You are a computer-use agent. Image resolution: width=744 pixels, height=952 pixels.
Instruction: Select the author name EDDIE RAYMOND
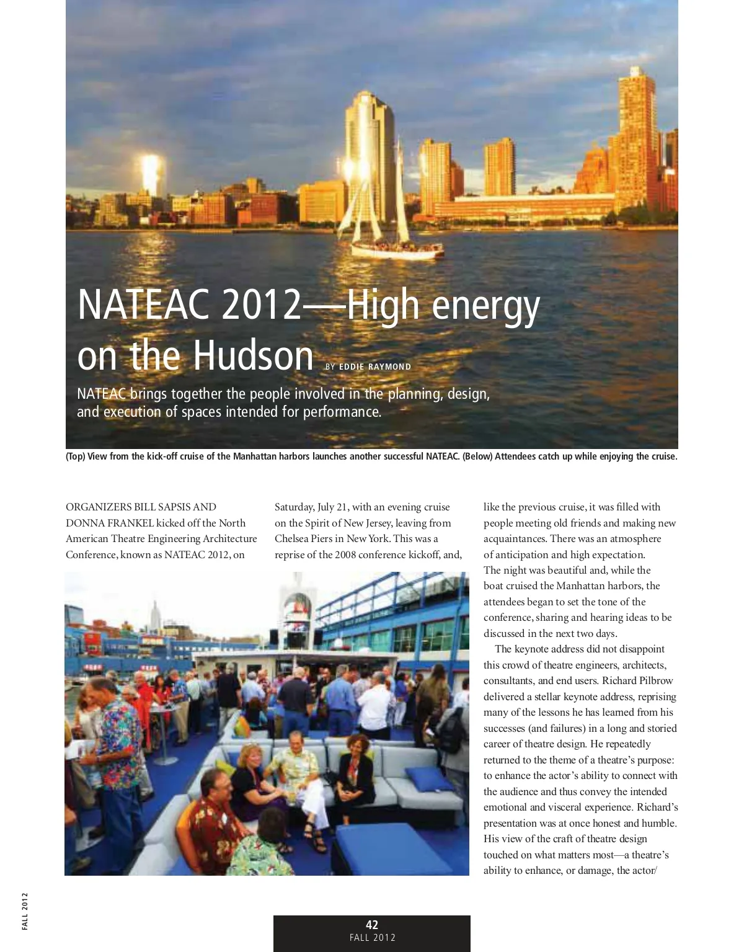(x=374, y=367)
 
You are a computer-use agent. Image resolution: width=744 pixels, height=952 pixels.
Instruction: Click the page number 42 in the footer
(x=372, y=925)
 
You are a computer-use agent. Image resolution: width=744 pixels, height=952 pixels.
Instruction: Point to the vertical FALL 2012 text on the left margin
(x=25, y=910)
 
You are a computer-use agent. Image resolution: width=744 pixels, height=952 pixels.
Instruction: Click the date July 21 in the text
(x=333, y=507)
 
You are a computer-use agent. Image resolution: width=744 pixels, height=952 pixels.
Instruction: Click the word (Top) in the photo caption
(x=76, y=456)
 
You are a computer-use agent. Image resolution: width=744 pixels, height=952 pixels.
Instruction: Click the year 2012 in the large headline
(x=260, y=305)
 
